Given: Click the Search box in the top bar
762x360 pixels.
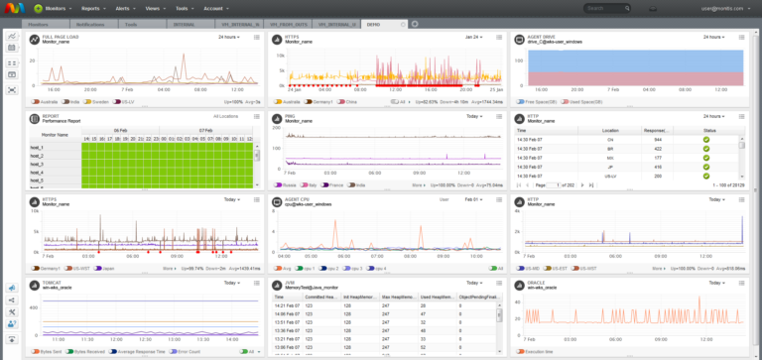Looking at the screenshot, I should [x=612, y=8].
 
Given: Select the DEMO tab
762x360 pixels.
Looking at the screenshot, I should [x=374, y=23].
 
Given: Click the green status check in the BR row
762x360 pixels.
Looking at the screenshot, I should [x=706, y=149].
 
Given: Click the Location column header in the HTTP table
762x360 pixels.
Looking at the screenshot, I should [x=609, y=130].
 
